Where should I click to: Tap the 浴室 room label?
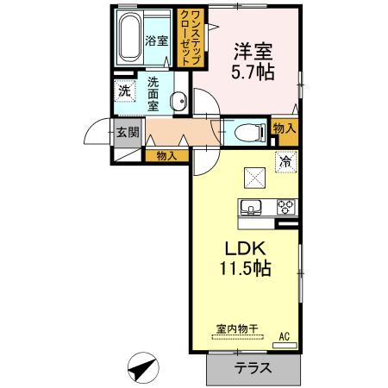click(157, 41)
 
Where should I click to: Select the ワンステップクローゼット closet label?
click(191, 37)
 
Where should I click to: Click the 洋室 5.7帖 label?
click(253, 62)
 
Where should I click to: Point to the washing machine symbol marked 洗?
click(125, 91)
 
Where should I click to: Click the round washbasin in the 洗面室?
click(178, 101)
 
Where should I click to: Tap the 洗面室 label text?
click(153, 94)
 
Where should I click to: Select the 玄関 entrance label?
click(128, 133)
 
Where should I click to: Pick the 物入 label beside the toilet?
click(285, 128)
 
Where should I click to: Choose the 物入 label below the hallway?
click(166, 156)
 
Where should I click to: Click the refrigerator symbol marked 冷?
click(286, 162)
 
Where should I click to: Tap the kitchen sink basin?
click(251, 206)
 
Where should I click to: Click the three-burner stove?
click(286, 207)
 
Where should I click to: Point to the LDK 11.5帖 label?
click(245, 259)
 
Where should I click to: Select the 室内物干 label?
click(238, 329)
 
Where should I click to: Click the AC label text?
click(285, 336)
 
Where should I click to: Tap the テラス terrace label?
click(253, 368)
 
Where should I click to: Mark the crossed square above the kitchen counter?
click(254, 178)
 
